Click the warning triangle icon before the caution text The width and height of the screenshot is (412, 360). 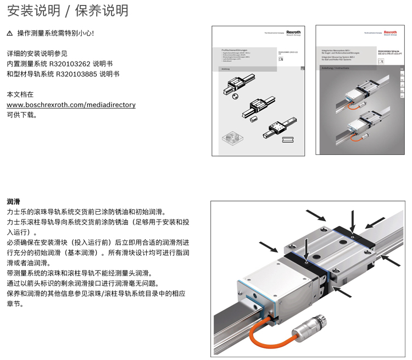tap(9, 34)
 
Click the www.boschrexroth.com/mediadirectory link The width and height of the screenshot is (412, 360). tap(71, 105)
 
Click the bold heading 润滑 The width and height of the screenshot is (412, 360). tap(13, 201)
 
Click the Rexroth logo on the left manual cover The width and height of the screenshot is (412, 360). tap(294, 33)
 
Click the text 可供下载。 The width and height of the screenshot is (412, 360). tap(21, 115)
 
